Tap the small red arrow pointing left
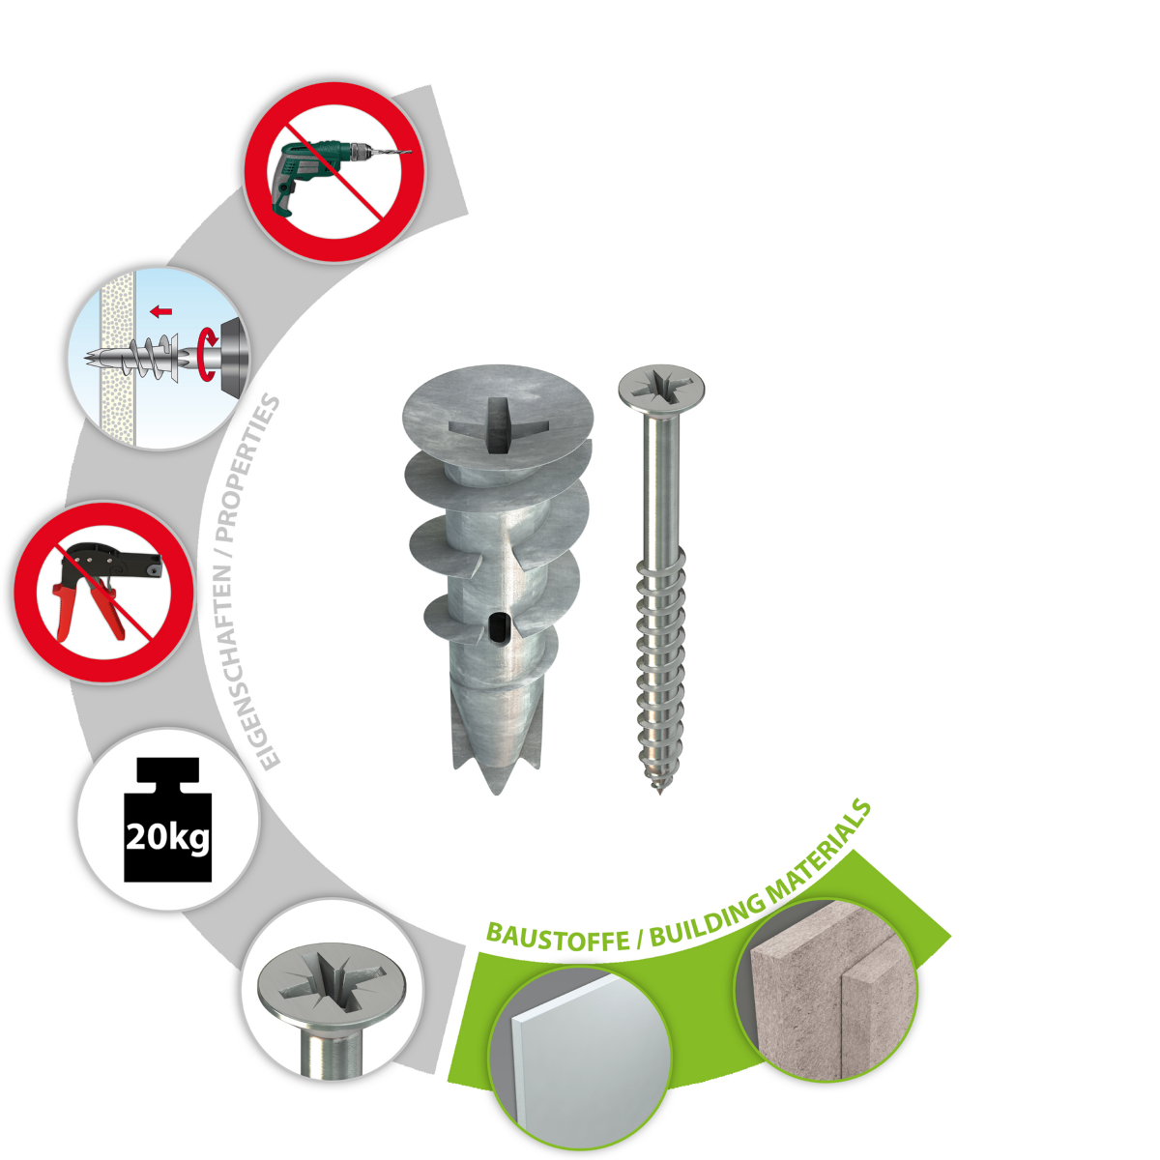(160, 312)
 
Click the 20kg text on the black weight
(168, 837)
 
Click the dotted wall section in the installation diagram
(118, 359)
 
